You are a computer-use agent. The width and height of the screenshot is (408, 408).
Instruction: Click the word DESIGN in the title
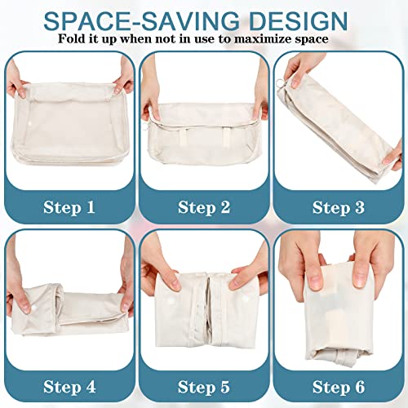(299, 21)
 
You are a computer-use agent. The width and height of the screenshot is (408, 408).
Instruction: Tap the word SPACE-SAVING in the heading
(141, 21)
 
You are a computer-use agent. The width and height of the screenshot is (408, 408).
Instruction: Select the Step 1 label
(69, 207)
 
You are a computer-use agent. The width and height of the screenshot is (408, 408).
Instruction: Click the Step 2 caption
(204, 207)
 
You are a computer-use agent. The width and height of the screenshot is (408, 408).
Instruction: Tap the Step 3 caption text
(339, 207)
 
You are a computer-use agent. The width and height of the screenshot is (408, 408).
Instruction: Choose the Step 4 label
(69, 387)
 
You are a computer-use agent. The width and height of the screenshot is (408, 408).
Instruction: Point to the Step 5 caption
(204, 387)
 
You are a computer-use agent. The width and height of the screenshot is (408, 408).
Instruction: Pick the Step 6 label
(339, 387)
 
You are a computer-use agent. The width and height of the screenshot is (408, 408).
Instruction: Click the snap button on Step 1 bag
(29, 124)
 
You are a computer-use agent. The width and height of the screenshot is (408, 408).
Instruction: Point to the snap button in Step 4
(34, 309)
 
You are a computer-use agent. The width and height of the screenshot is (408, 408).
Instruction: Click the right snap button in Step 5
(246, 299)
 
